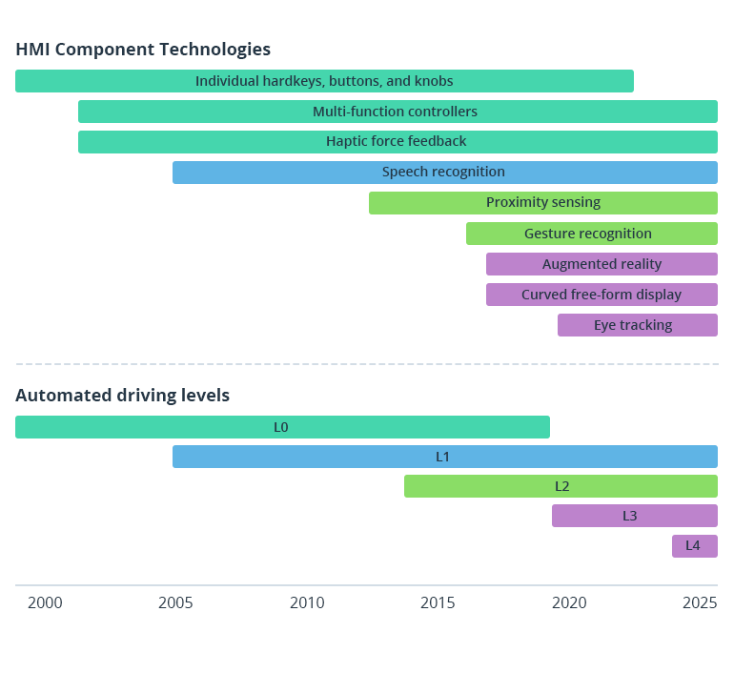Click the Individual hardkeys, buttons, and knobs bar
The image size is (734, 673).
pyautogui.click(x=324, y=81)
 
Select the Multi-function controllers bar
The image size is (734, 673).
pyautogui.click(x=398, y=112)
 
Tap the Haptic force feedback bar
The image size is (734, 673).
pyautogui.click(x=398, y=142)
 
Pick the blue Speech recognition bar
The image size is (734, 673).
pyautogui.click(x=444, y=173)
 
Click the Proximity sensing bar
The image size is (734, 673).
pyautogui.click(x=543, y=203)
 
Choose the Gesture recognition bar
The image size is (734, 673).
pyautogui.click(x=591, y=234)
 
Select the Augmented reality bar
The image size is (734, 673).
pyautogui.click(x=601, y=264)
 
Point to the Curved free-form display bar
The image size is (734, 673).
pyautogui.click(x=601, y=295)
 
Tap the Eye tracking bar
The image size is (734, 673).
pyautogui.click(x=637, y=325)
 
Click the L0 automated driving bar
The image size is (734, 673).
pyautogui.click(x=282, y=427)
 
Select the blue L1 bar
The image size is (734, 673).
pyautogui.click(x=444, y=457)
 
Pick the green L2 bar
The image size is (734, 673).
pyautogui.click(x=561, y=486)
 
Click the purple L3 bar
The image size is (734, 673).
pyautogui.click(x=634, y=516)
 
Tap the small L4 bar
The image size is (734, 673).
pyautogui.click(x=694, y=546)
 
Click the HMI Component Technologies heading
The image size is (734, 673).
pyautogui.click(x=143, y=50)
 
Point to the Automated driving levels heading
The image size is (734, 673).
pyautogui.click(x=122, y=396)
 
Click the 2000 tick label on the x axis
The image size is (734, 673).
pyautogui.click(x=45, y=603)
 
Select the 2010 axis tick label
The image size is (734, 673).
pyautogui.click(x=307, y=603)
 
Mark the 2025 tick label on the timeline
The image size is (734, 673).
pyautogui.click(x=701, y=603)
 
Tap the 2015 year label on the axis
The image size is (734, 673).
pyautogui.click(x=438, y=603)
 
